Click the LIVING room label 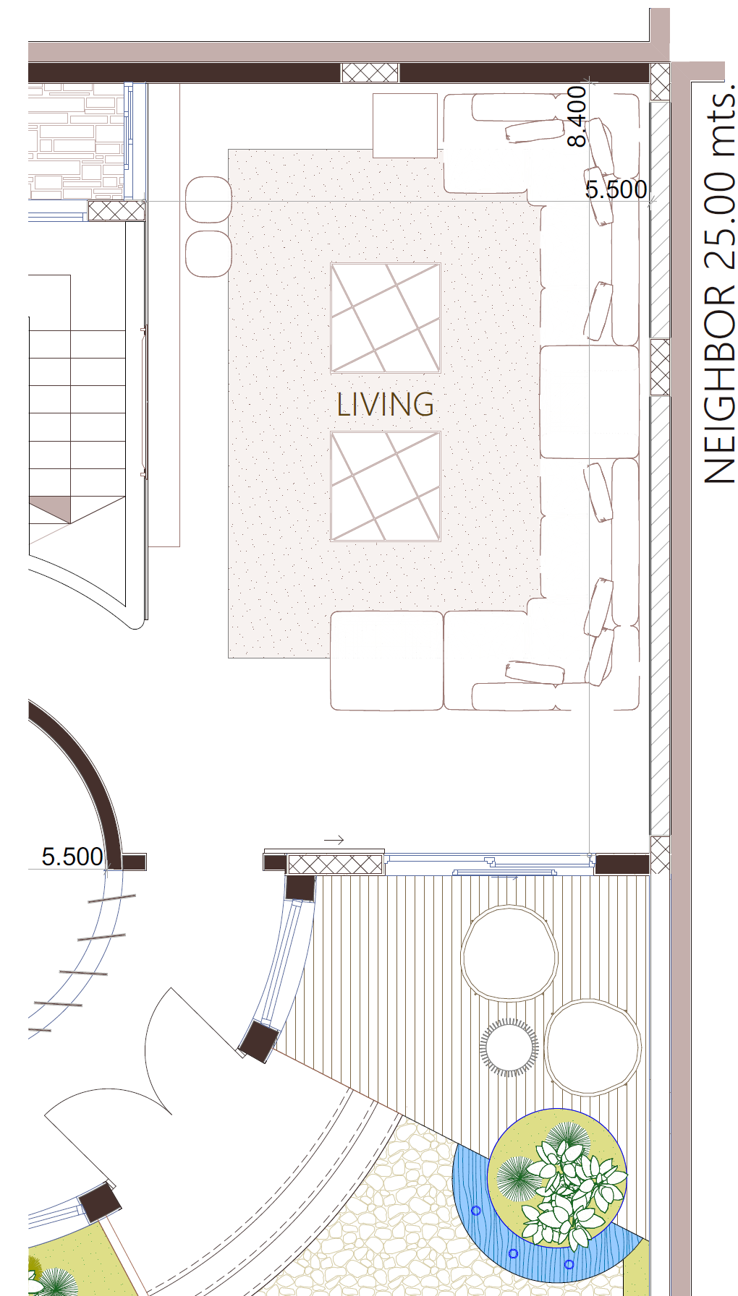pos(386,404)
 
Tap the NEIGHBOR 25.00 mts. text pos(719,285)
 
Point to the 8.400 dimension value pos(577,116)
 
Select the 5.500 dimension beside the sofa pos(616,189)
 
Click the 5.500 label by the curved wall pos(72,857)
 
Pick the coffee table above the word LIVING pos(386,318)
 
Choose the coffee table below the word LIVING pos(386,486)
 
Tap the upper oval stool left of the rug pos(208,199)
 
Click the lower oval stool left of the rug pos(208,254)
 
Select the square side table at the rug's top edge pos(405,125)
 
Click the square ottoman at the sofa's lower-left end pos(387,661)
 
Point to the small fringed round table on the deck pos(509,1047)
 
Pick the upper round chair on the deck pos(509,953)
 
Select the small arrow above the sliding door pos(334,840)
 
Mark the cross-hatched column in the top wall pos(370,72)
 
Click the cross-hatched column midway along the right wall pos(660,367)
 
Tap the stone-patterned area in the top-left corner pos(77,141)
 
